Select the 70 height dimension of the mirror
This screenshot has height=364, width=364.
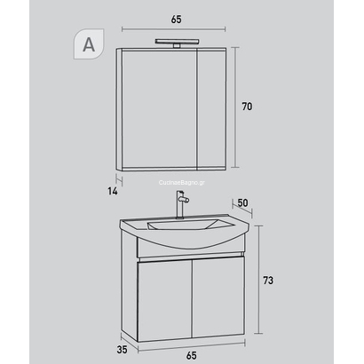click(x=248, y=107)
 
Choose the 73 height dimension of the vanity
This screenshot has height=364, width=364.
click(x=267, y=281)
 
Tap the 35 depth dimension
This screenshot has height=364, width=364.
click(x=122, y=324)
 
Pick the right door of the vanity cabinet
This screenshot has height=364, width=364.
click(x=218, y=296)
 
